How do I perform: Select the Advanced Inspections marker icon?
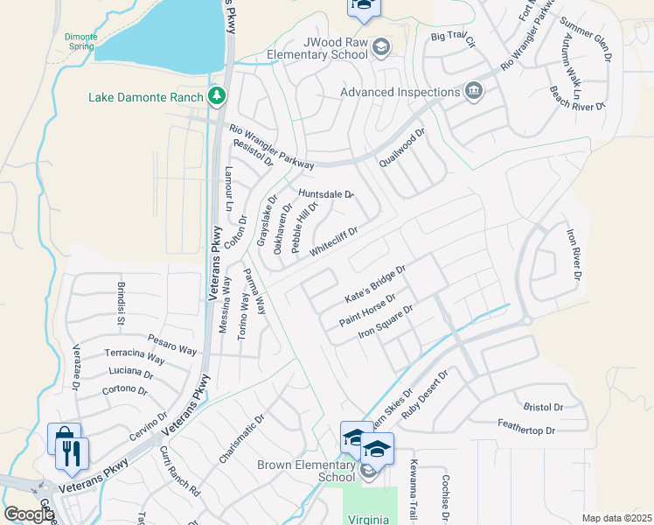coord(474,92)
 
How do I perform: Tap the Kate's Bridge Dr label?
coord(376,285)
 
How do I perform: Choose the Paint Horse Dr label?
coord(368,311)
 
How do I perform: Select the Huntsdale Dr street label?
coord(325,194)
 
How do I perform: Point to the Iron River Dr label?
coord(574,255)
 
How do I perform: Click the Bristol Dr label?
coord(543,407)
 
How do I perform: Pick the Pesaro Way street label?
coord(171,342)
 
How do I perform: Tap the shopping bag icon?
coord(63,437)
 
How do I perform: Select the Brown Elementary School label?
coord(306,471)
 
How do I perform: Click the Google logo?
coord(28,514)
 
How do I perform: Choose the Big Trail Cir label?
coord(453,39)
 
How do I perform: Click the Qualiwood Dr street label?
coord(401,149)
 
